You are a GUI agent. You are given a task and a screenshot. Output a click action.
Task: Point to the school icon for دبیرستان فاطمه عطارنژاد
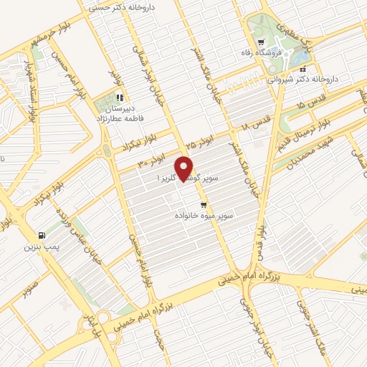[x=120, y=97]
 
